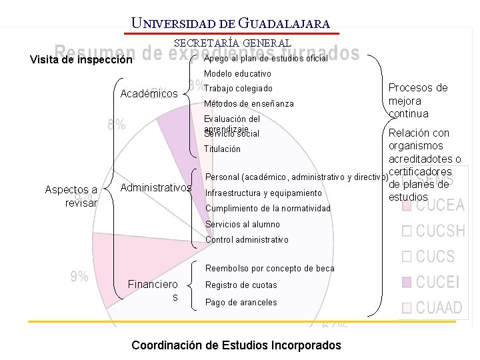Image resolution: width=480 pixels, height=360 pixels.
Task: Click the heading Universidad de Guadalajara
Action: point(231,23)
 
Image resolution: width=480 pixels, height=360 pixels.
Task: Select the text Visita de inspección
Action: point(81,59)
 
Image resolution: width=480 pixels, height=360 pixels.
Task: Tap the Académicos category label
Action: point(149,94)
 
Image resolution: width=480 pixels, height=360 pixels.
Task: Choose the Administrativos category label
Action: point(155,189)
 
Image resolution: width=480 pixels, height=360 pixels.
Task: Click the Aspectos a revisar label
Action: point(71,196)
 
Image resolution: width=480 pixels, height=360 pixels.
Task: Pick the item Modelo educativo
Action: point(237,73)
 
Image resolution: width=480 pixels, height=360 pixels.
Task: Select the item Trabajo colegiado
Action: point(238,89)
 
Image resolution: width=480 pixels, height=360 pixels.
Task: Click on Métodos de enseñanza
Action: point(249,104)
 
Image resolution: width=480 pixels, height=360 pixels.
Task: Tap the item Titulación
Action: point(222,149)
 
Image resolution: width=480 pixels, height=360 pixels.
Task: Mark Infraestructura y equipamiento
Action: point(263,193)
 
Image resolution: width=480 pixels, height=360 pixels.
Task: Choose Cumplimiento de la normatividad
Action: point(268,209)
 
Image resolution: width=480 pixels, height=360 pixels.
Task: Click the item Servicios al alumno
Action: point(243,225)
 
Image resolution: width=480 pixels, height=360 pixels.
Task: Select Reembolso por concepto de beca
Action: point(270,269)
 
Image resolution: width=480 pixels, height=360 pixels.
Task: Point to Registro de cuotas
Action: point(241,285)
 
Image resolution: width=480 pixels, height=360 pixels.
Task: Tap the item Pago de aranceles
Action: point(241,302)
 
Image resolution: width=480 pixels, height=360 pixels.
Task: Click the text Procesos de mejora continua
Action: point(418,101)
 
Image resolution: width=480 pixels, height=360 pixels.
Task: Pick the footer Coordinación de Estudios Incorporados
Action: point(236,345)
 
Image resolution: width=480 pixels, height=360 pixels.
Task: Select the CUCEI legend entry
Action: point(438,283)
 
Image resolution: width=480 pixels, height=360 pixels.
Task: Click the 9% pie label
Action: point(79,277)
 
